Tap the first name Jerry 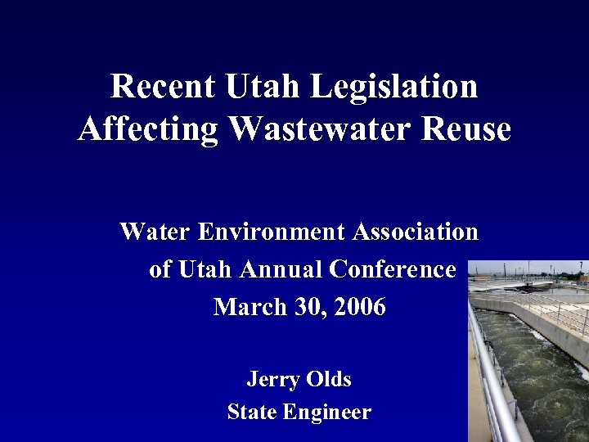[x=273, y=380]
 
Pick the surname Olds [x=329, y=380]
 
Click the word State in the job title [x=252, y=413]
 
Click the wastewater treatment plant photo [x=528, y=352]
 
